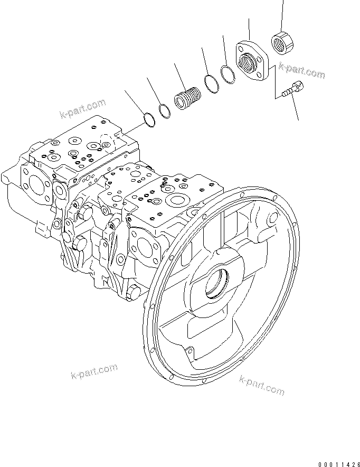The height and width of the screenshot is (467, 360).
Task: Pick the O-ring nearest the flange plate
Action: pos(228,75)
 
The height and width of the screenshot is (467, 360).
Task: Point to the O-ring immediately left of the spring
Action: pos(165,110)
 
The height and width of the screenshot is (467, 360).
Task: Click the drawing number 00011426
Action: pos(338,463)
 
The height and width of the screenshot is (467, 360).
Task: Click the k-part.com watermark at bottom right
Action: pos(262,385)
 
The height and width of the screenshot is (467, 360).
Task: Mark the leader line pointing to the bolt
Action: pos(296,108)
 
